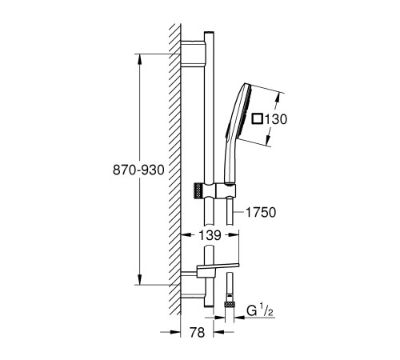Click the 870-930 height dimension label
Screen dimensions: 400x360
click(138, 170)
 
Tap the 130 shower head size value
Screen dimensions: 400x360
click(276, 119)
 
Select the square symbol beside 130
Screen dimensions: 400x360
click(258, 118)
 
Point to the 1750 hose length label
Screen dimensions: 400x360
click(261, 212)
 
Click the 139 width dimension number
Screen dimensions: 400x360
click(210, 235)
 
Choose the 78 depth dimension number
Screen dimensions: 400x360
click(197, 332)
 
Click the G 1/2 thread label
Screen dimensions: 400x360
click(260, 310)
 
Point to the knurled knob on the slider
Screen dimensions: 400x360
click(197, 190)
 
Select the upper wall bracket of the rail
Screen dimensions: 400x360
click(193, 53)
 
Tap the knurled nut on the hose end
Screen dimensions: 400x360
click(230, 304)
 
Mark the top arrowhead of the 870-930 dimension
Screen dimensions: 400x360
click(139, 59)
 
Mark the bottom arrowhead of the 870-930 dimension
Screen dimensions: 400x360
click(139, 280)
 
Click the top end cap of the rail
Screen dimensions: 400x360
click(209, 33)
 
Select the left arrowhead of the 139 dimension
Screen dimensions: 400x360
click(186, 235)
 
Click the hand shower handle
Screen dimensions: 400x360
click(229, 160)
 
